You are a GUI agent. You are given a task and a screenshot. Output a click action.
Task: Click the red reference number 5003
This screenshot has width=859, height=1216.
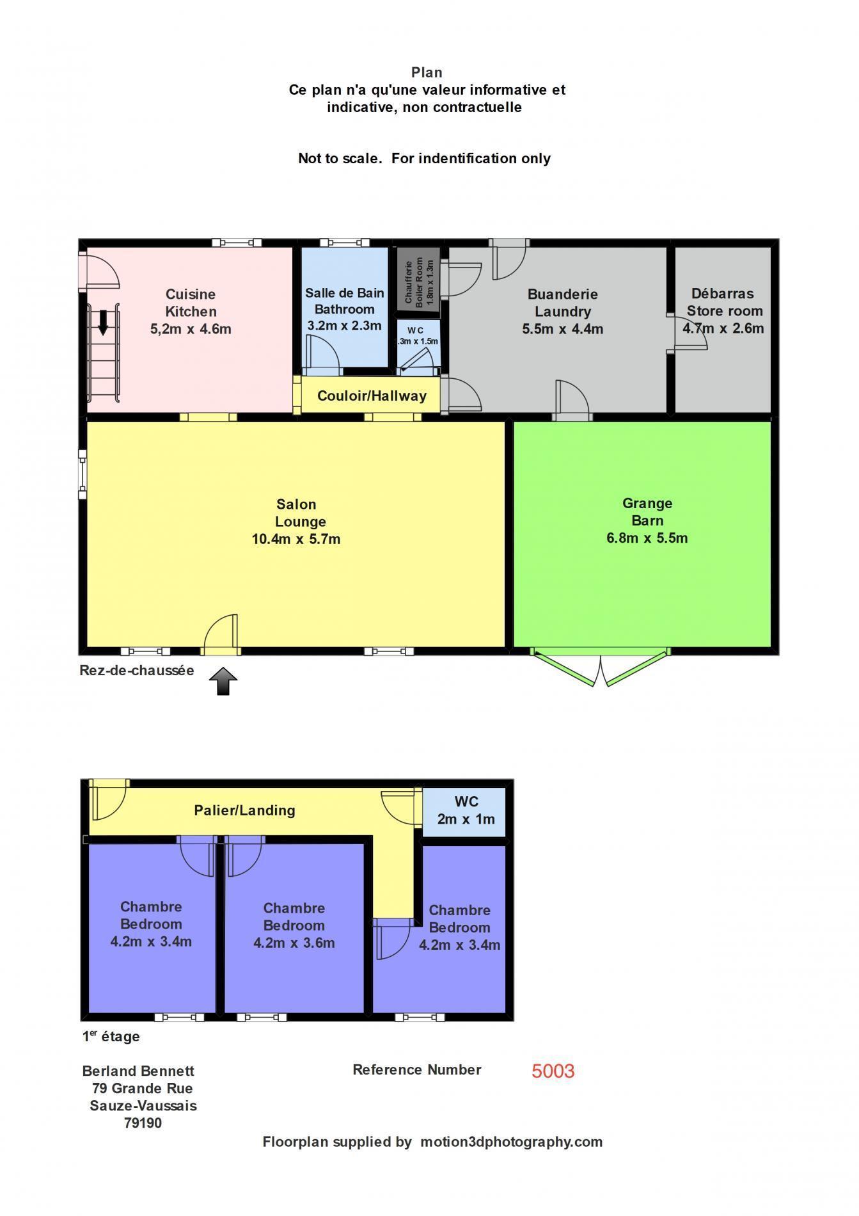553,1071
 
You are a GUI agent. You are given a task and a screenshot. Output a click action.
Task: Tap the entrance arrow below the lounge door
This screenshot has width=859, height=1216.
223,681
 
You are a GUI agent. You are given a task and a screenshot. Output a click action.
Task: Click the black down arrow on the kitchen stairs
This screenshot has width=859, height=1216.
103,322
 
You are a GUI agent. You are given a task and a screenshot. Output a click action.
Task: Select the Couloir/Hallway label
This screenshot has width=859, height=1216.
372,396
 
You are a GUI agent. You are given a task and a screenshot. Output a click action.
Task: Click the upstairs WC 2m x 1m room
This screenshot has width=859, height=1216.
466,810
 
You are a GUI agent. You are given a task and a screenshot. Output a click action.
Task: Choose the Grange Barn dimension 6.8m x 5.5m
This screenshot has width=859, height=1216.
647,538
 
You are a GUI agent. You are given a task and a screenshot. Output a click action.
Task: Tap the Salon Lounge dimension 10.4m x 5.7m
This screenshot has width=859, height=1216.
296,539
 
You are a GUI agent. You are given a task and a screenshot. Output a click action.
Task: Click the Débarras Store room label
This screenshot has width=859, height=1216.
723,302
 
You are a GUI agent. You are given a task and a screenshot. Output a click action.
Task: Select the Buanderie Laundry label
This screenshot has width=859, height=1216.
562,303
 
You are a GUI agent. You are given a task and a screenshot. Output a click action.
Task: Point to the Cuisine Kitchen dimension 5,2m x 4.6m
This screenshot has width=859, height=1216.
190,329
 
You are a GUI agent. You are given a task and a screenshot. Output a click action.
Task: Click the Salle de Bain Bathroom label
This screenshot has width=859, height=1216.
344,301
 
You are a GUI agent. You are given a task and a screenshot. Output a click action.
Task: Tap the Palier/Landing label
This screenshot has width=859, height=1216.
244,810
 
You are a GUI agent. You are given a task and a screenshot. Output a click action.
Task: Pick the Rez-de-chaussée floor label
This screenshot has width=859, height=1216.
136,671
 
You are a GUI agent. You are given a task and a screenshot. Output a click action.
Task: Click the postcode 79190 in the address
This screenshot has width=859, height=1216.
143,1123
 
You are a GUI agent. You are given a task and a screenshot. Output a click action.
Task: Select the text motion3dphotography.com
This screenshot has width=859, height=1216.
511,1142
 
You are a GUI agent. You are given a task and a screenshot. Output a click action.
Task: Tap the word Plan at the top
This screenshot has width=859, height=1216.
427,72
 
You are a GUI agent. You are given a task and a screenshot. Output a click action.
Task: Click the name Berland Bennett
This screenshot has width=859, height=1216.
138,1071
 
